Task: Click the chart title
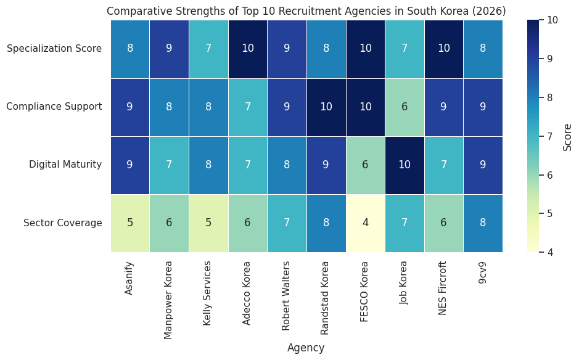306,11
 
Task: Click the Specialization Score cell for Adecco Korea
248,49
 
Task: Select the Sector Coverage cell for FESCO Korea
365,223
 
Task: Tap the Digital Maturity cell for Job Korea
404,165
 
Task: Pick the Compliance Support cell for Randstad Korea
326,107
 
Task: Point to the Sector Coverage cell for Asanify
130,223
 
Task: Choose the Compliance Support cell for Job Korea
404,107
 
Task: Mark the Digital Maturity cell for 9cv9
483,165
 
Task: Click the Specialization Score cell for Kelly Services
208,49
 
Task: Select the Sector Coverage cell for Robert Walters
287,223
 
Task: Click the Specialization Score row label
54,49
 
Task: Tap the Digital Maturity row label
65,165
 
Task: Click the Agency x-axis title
306,348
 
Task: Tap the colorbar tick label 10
552,20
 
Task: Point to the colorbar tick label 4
550,252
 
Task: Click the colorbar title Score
568,136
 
